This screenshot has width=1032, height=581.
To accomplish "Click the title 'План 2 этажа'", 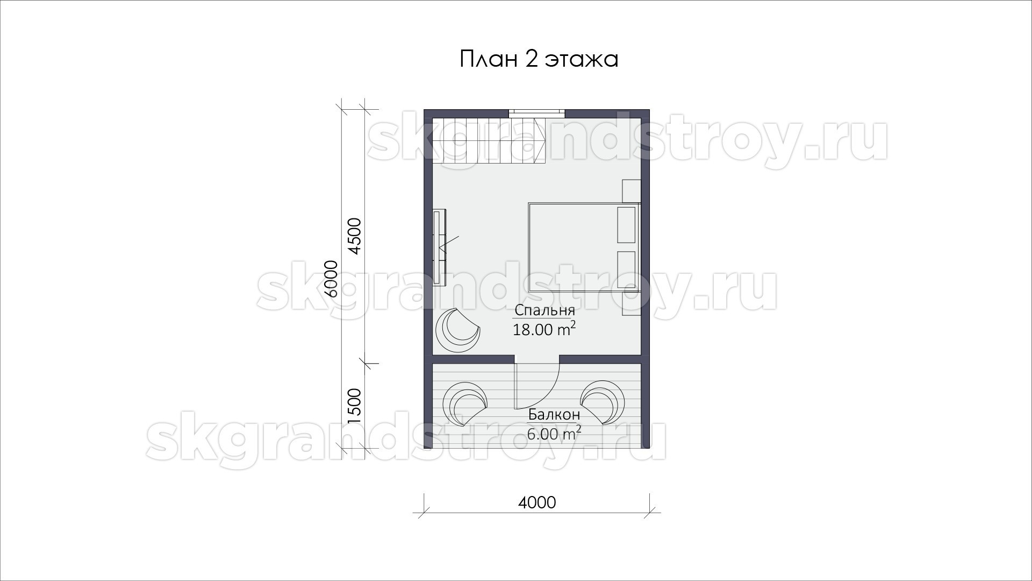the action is coord(539,59).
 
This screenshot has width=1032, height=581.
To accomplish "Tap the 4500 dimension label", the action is coord(355,236).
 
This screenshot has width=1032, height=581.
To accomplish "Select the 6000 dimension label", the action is coord(331,279).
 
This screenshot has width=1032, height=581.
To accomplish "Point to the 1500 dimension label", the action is coord(355,406).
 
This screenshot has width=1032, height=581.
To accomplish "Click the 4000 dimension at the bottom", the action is coord(537,503).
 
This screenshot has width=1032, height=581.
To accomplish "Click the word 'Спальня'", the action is coord(544,310).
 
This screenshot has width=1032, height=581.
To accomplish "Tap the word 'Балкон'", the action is coord(554,415).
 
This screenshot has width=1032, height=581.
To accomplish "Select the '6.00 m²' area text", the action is coord(554,433).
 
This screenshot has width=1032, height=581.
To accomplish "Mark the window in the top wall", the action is coord(536,113).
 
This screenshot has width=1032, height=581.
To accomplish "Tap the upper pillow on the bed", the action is coord(627,224).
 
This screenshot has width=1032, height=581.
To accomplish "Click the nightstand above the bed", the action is coord(632,191).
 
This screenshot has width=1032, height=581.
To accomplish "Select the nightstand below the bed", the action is coord(632,304).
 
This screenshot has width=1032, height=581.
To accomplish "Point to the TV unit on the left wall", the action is coord(440,244).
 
